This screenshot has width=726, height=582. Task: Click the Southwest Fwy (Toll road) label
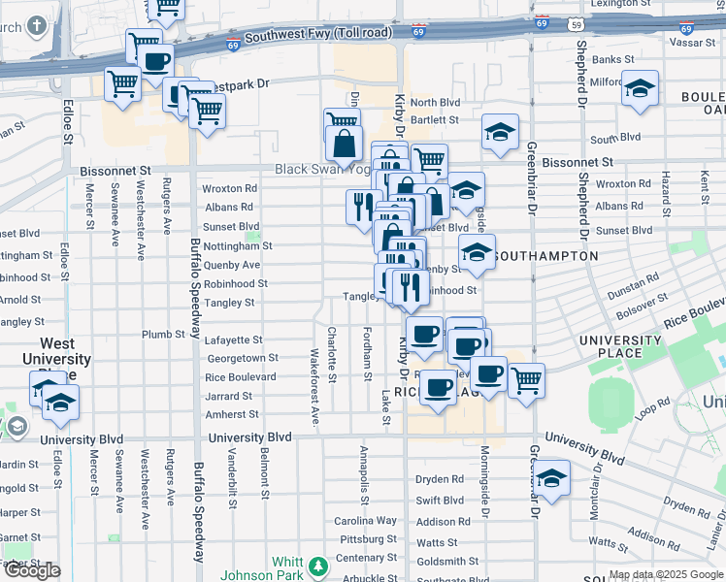pos(318,35)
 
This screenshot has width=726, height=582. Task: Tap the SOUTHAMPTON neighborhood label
pos(545,256)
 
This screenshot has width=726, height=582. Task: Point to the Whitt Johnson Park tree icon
pos(316,566)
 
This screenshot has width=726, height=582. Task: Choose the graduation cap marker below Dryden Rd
pos(551,478)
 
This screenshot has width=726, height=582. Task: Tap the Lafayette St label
pos(233,340)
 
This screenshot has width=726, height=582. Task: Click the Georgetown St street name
pos(242,358)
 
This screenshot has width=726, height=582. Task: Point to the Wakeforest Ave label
pos(314,387)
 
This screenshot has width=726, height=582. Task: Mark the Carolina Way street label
pos(366,521)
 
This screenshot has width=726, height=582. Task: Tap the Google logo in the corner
pos(32,570)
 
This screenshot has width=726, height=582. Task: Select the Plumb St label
pos(163,335)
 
